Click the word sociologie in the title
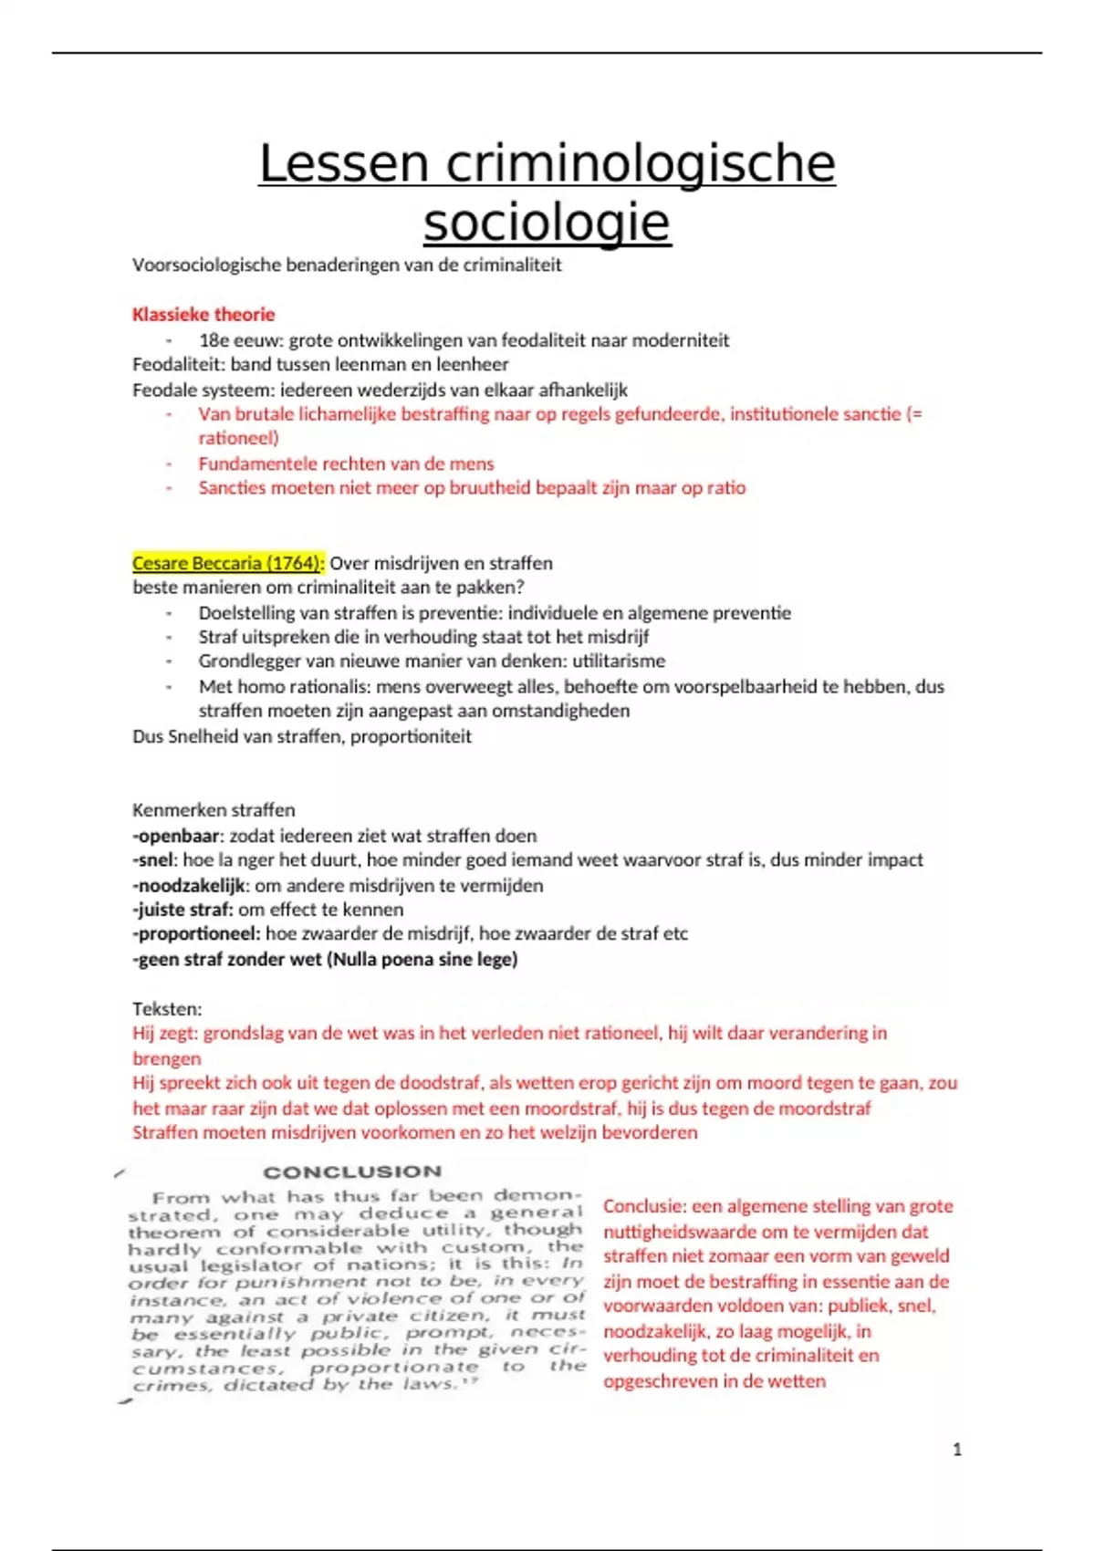547,223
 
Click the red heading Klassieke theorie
203,315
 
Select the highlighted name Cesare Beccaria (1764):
228,563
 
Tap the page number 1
956,1449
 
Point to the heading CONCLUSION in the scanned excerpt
352,1171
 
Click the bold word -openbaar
177,836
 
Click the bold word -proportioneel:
196,934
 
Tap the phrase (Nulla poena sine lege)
422,959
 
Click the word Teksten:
167,1008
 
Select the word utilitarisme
614,661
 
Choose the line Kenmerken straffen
214,810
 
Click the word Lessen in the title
343,165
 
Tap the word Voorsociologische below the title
206,265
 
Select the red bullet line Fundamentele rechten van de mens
346,463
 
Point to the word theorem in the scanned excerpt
161,1232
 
